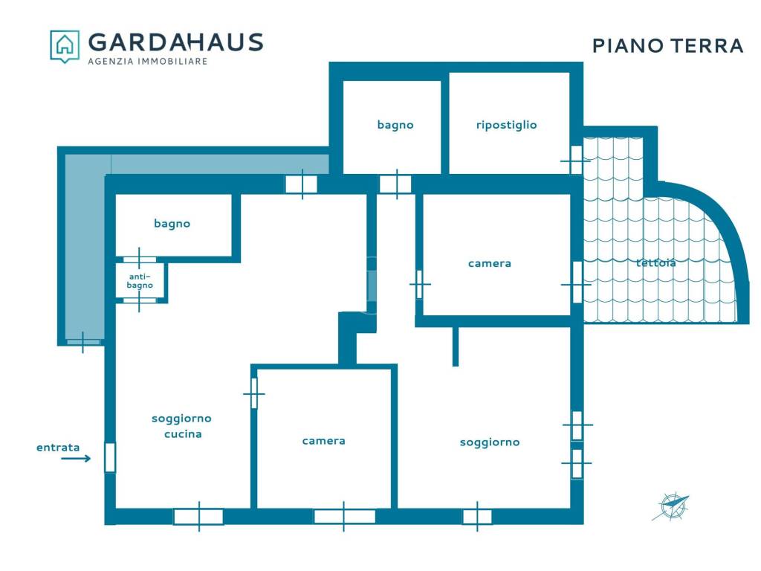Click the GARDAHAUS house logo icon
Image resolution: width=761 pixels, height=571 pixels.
click(65, 46)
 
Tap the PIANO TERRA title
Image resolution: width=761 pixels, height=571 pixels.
click(668, 45)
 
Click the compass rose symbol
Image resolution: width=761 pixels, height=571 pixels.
click(671, 507)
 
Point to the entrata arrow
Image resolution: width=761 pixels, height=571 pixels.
click(76, 458)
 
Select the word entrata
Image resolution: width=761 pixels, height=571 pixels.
click(58, 447)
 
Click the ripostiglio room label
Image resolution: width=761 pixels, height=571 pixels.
click(506, 125)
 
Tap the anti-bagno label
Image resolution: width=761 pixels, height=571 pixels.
click(140, 280)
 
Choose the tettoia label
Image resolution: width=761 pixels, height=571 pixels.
click(655, 262)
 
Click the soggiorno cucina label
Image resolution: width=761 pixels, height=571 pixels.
click(181, 426)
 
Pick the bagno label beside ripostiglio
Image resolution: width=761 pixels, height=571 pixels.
click(395, 125)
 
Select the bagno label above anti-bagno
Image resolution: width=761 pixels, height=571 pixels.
click(172, 223)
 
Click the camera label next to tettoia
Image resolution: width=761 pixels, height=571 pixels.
click(489, 263)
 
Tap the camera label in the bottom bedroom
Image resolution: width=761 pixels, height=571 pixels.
click(323, 441)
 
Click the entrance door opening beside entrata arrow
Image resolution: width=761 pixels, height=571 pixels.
click(110, 457)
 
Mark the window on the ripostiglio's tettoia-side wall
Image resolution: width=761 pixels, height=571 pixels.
click(576, 160)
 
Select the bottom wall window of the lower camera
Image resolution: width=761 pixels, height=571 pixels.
click(344, 516)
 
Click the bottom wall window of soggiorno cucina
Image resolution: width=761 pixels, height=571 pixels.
click(198, 516)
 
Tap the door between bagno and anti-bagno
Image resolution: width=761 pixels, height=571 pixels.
click(139, 259)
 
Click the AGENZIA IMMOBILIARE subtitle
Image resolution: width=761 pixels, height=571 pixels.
click(148, 61)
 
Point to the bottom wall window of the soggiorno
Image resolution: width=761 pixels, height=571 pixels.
click(477, 516)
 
